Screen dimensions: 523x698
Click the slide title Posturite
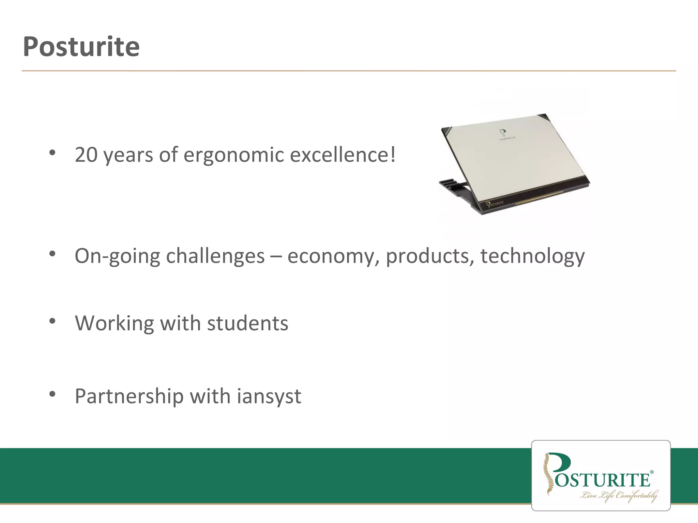(81, 47)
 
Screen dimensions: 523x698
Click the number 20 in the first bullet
(86, 155)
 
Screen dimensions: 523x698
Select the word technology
(532, 256)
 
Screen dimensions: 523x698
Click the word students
(247, 323)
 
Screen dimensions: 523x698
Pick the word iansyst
(269, 397)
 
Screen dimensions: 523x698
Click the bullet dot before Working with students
(52, 321)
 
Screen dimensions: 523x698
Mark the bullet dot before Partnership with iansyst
(52, 394)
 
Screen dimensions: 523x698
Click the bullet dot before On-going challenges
(52, 254)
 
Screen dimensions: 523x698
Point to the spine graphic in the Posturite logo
(548, 473)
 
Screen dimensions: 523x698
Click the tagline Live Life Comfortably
(619, 495)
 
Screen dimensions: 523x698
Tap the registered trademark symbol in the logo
(652, 472)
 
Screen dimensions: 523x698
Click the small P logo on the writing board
(502, 132)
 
